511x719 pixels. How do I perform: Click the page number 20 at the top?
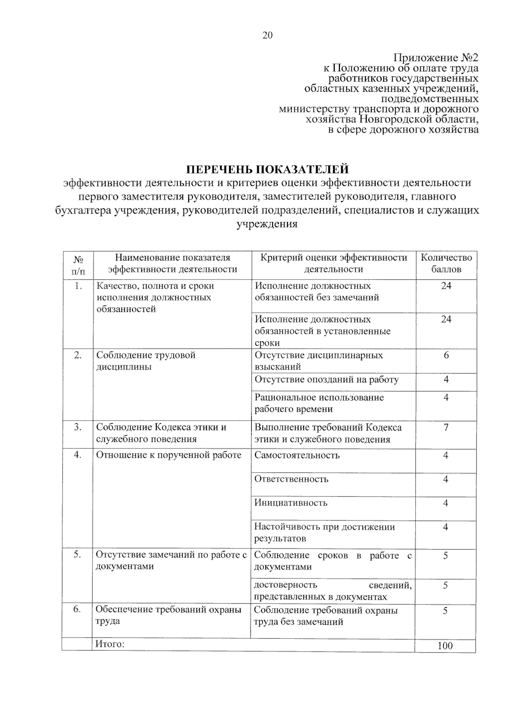coord(267,35)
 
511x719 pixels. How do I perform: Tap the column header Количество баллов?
coord(446,263)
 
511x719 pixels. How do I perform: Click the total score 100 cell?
coord(445,646)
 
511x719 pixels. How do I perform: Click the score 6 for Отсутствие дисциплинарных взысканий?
coord(446,355)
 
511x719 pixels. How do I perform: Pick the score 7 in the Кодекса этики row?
coord(446,427)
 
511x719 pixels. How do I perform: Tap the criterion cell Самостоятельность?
coord(297,455)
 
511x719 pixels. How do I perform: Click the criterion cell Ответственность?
coord(291,479)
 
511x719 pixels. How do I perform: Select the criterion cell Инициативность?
coord(291,503)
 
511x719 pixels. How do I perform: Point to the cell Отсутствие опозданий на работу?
coord(326,380)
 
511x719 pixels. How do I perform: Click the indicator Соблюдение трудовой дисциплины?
coord(146,361)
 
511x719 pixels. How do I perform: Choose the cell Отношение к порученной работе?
coord(169,455)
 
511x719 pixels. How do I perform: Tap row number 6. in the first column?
coord(77,609)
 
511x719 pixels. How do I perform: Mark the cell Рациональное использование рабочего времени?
coord(319,403)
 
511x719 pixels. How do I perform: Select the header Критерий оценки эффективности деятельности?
coord(333,263)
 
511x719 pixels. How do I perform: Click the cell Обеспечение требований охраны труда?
coord(168,615)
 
